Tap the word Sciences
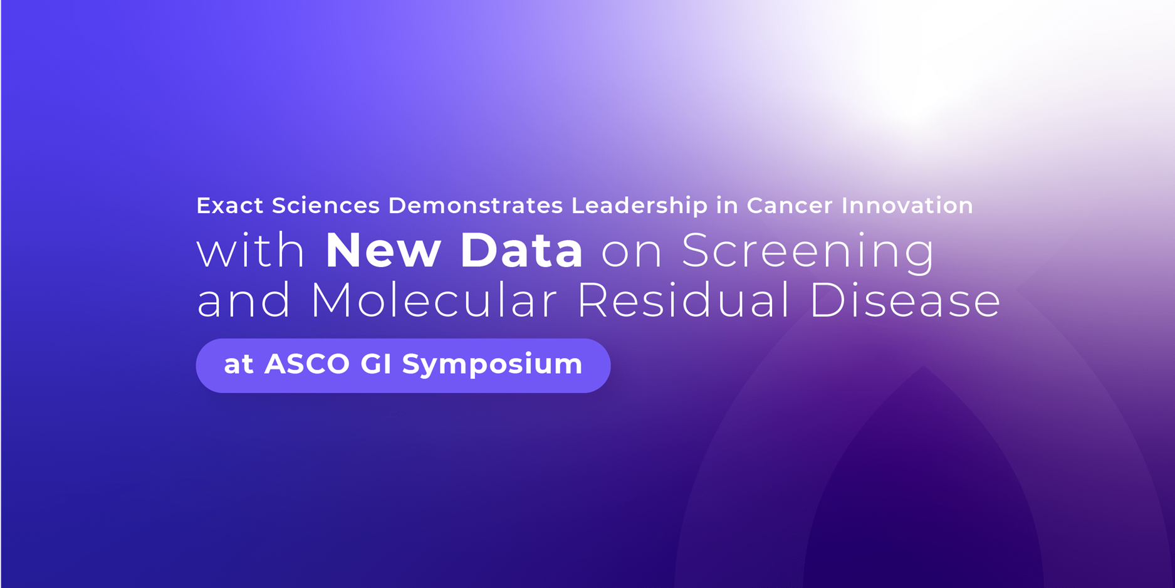325,206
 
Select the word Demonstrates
475,206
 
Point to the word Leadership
639,206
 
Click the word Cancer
790,206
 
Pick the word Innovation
907,206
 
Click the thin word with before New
250,250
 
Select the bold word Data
521,250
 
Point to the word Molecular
434,300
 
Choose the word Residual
683,300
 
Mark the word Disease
904,300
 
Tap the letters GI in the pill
376,364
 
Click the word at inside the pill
238,365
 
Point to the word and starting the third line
244,300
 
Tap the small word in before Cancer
727,206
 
